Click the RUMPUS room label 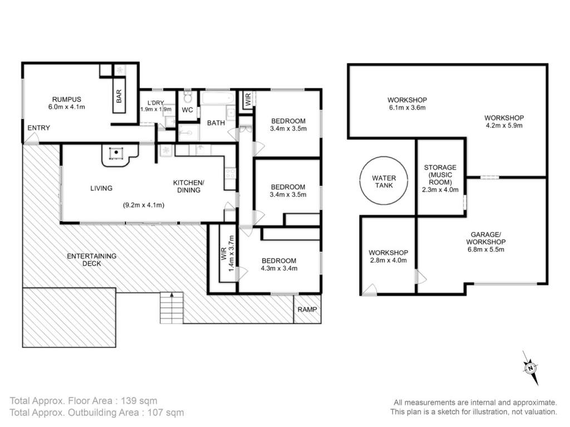tap(67, 99)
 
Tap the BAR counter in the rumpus tap(119, 96)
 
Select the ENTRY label tap(38, 128)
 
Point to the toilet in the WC tap(188, 97)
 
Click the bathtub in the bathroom tap(217, 98)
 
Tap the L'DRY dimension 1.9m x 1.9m tap(156, 110)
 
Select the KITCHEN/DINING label tap(188, 186)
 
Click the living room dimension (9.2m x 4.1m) tap(144, 205)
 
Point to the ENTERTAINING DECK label tap(92, 260)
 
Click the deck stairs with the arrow tap(171, 307)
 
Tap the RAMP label tap(307, 309)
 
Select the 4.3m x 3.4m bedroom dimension tap(279, 269)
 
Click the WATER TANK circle tap(384, 157)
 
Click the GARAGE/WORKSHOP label tap(485, 238)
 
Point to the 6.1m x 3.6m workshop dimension tap(407, 107)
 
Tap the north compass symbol tap(530, 368)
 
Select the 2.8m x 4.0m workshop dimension tap(388, 260)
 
